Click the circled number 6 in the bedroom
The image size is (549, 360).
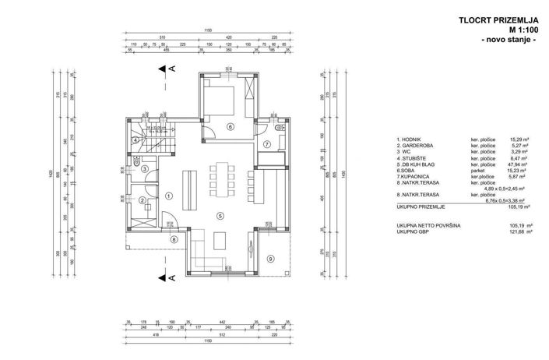point(230,126)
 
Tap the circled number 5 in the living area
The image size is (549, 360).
point(220,216)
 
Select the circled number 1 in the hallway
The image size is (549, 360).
point(168,196)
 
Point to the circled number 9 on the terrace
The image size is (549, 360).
point(270,258)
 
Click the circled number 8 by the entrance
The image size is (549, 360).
point(174,239)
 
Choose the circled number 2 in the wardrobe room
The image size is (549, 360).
point(143,200)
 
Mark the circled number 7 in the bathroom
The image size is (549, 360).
point(266,144)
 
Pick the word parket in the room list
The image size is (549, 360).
point(477,171)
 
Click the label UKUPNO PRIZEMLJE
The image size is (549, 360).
point(421,208)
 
